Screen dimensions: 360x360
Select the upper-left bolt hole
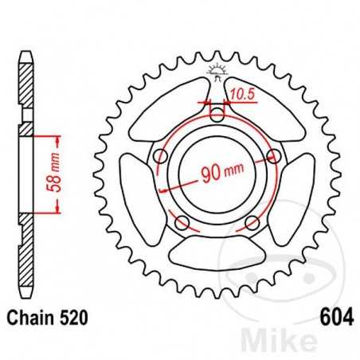click(x=162, y=155)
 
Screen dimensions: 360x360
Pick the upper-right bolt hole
click(x=274, y=155)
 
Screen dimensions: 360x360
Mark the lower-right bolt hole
click(x=253, y=221)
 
